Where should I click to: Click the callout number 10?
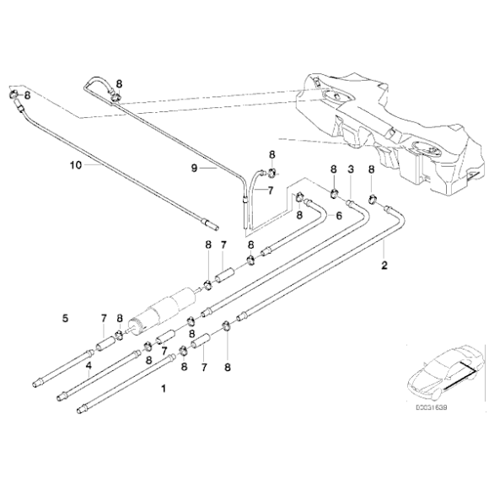(x=75, y=166)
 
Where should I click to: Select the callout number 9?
(x=193, y=168)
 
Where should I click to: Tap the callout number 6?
(x=339, y=215)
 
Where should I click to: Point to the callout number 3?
(x=350, y=169)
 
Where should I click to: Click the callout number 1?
(x=164, y=390)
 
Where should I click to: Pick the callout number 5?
(x=64, y=318)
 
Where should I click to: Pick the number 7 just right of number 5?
(x=103, y=318)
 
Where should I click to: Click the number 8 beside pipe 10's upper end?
(x=28, y=95)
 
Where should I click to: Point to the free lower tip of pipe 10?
(x=210, y=226)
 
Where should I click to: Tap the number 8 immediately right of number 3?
(x=372, y=169)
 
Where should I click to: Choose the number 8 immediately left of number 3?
(x=333, y=169)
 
